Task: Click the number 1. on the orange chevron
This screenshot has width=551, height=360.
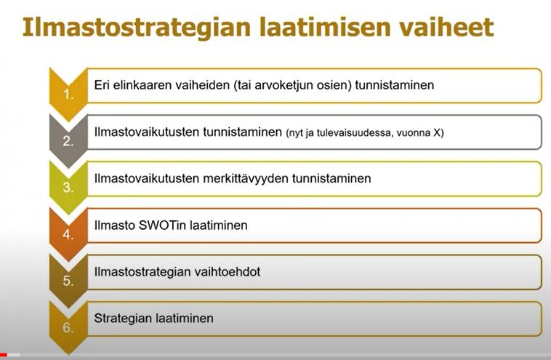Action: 68,95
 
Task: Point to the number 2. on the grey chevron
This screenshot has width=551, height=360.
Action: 68,141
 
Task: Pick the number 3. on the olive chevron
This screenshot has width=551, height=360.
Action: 68,188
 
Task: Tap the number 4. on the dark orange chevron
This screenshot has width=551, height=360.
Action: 68,234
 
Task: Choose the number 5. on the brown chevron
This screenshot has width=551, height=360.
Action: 68,281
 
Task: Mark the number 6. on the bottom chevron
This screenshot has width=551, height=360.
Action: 68,327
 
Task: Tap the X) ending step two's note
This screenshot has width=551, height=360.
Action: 438,133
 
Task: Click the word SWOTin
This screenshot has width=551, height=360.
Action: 158,225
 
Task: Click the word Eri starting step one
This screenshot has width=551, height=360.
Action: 102,85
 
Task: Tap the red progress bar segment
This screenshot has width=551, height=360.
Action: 4,355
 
